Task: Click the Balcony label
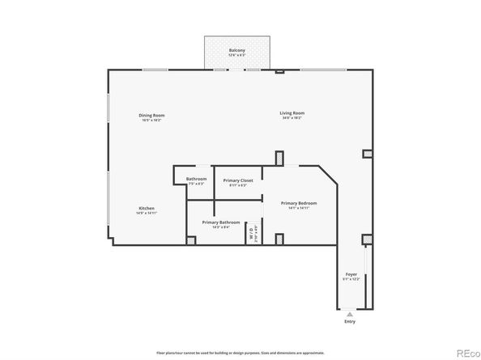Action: pyautogui.click(x=236, y=50)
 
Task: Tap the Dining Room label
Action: pyautogui.click(x=152, y=115)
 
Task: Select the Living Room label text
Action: pyautogui.click(x=292, y=113)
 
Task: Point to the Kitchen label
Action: pyautogui.click(x=147, y=208)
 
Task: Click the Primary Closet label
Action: pyautogui.click(x=238, y=180)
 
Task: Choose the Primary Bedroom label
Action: pyautogui.click(x=299, y=203)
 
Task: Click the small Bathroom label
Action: pyautogui.click(x=197, y=179)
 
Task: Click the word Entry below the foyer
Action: pyautogui.click(x=350, y=322)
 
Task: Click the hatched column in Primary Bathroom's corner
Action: pyautogui.click(x=190, y=239)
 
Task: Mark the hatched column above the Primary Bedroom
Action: pyautogui.click(x=279, y=157)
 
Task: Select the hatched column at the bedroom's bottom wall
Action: pyautogui.click(x=279, y=239)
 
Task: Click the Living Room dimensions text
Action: pyautogui.click(x=292, y=118)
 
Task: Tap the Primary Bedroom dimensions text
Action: pyautogui.click(x=299, y=208)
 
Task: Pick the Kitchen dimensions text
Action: pyautogui.click(x=147, y=213)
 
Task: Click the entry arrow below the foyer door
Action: pyautogui.click(x=350, y=314)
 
